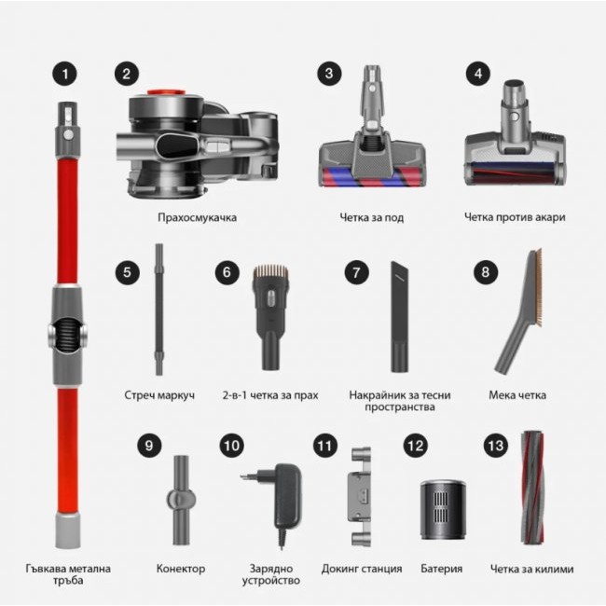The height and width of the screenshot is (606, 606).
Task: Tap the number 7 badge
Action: tap(355, 273)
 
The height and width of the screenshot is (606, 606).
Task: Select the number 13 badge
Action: tap(494, 446)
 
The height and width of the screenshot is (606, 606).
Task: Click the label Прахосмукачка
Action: tap(197, 217)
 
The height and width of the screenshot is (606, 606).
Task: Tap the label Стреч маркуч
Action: tap(159, 395)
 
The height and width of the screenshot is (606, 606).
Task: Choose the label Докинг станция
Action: tap(362, 568)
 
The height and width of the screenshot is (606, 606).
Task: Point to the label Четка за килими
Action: tap(530, 568)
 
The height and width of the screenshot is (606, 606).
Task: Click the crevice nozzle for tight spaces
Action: tap(399, 317)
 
